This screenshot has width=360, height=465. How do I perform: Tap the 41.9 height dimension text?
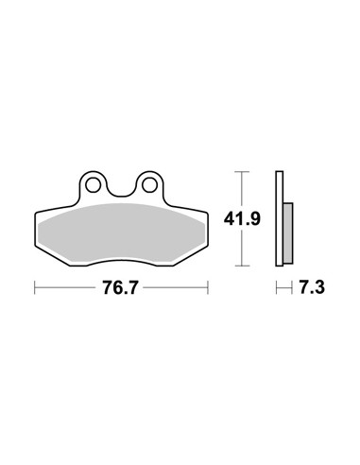[242, 218]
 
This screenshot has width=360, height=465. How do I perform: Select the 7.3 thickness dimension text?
[312, 287]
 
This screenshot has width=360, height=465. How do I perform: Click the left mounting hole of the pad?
[93, 185]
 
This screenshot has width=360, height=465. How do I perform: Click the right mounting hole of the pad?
[149, 185]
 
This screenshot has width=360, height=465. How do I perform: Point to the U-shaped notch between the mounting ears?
[121, 196]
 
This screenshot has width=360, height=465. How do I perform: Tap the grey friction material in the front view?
[121, 233]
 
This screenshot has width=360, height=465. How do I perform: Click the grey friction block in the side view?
[288, 233]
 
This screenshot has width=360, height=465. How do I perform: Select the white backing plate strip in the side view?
[279, 218]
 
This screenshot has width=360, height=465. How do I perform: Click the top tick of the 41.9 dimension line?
[242, 172]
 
